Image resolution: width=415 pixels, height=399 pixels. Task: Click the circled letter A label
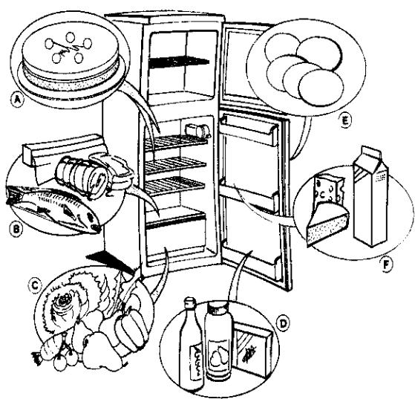(18, 100)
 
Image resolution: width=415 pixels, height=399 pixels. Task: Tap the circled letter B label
(16, 228)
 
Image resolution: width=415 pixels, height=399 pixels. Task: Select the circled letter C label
(35, 286)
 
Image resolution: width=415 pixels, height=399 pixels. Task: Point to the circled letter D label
(283, 324)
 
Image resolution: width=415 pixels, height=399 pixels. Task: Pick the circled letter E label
(345, 121)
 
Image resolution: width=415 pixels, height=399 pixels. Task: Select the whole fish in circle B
(53, 207)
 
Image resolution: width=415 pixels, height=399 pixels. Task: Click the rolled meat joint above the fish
(82, 174)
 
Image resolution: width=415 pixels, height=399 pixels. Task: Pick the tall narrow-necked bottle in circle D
(191, 345)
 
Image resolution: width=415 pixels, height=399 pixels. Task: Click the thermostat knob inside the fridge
(198, 131)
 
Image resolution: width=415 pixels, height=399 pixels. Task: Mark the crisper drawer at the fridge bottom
(176, 236)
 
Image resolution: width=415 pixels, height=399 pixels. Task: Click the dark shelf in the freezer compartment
(179, 62)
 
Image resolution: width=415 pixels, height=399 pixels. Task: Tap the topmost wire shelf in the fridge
(176, 142)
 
